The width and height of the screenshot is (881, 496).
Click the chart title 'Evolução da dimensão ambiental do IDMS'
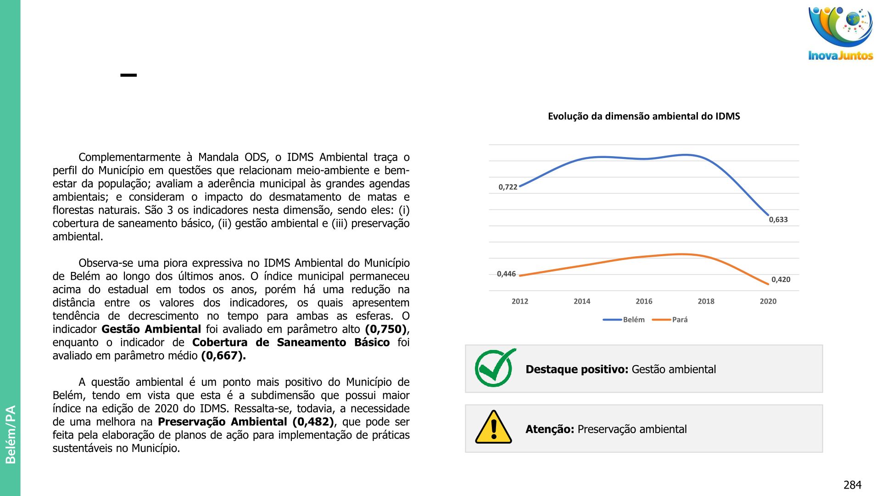coord(644,116)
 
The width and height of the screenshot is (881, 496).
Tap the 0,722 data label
coord(508,187)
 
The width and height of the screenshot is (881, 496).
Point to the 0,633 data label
coord(778,220)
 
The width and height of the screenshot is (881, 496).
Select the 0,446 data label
coord(507,274)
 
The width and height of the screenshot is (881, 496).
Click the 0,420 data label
coord(781,279)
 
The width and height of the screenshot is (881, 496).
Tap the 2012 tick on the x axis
coord(520,301)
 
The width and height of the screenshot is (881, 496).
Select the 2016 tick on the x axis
coord(644,301)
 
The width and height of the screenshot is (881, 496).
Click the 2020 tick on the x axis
coord(768,301)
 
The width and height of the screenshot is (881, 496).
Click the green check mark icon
coord(495,368)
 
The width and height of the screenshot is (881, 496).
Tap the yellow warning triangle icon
coord(493,428)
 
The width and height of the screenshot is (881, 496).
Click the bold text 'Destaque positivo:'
coord(577,369)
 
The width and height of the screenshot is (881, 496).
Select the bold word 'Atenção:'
coord(550,429)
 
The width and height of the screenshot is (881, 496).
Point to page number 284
coord(852,485)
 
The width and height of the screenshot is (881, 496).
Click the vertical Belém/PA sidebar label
coord(11,434)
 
